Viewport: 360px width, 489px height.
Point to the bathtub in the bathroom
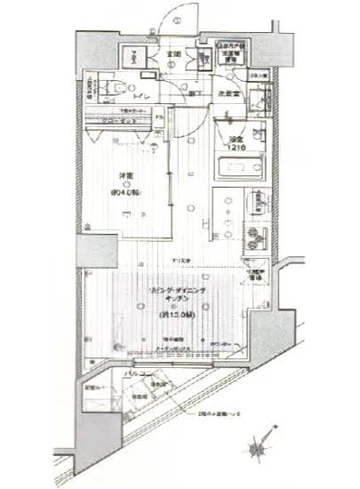[x=237, y=168]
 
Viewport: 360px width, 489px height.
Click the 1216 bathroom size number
[x=235, y=148]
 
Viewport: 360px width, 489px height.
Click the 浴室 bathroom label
[x=235, y=139]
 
